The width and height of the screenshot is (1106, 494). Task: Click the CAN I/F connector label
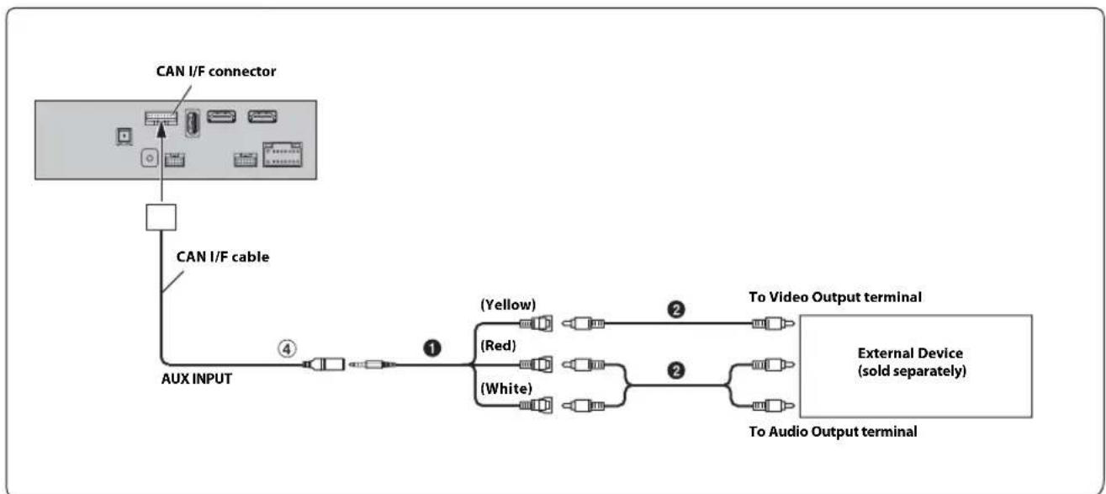point(216,72)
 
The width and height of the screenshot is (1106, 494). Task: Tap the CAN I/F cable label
point(223,257)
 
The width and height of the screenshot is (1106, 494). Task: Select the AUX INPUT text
point(197,379)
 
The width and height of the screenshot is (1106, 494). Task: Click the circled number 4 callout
point(287,348)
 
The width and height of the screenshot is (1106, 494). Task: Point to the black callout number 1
point(432,348)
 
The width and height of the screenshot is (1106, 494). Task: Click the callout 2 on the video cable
point(676,309)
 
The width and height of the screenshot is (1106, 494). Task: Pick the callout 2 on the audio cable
point(676,370)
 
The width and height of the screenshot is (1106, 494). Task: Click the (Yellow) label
point(508,305)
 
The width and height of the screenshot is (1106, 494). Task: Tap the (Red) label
point(498,345)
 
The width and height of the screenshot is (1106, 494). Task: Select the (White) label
point(506,388)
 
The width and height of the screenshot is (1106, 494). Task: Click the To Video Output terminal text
point(835,297)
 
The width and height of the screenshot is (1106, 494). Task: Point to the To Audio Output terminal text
point(833,431)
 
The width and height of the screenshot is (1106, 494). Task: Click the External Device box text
point(912,362)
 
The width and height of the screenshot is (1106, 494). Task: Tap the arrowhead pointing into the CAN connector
point(161,130)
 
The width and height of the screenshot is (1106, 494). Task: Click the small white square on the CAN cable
point(161,217)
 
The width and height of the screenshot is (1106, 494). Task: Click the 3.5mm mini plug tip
point(352,364)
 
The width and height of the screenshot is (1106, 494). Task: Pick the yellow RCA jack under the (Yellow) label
point(536,323)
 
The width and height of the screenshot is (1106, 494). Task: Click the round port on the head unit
point(149,158)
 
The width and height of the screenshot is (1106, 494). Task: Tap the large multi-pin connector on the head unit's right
point(283,155)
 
